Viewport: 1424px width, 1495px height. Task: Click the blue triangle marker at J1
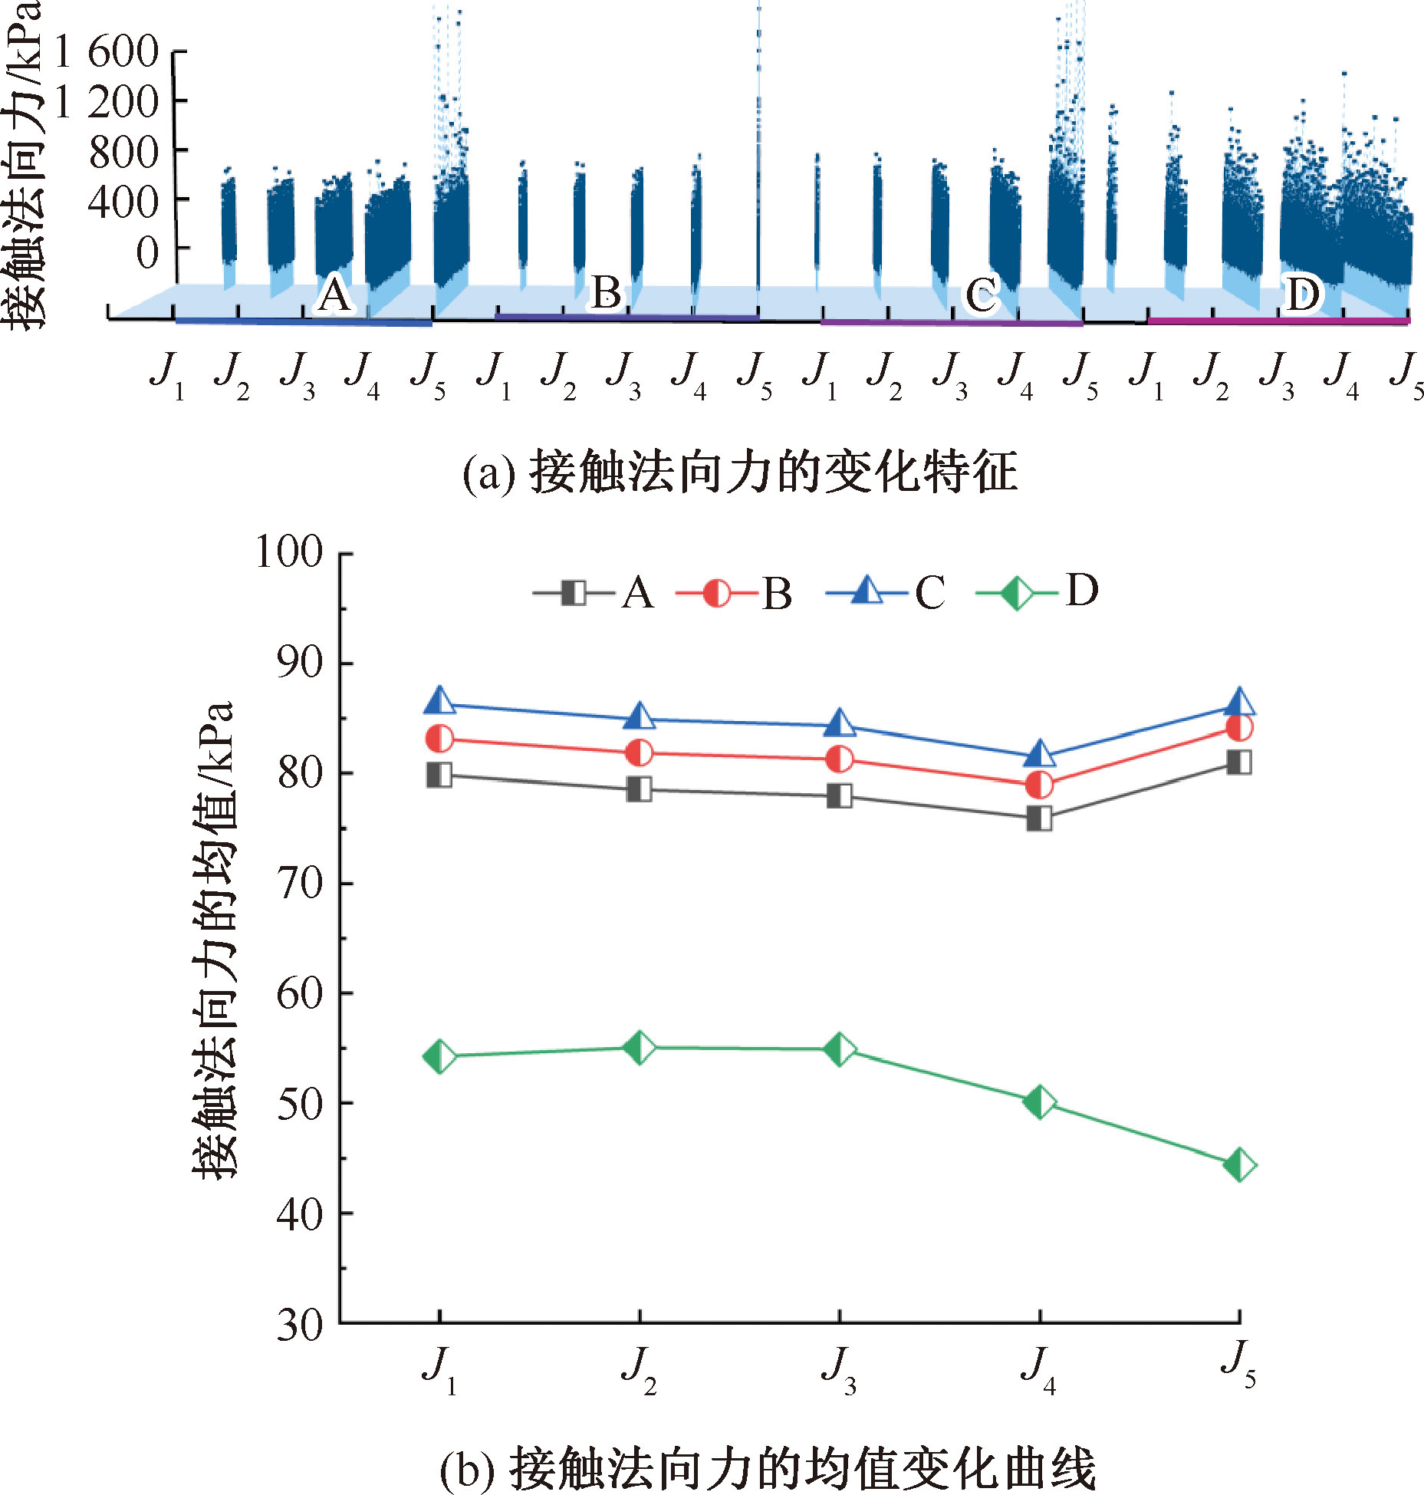[439, 700]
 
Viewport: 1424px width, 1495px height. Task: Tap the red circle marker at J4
[1039, 785]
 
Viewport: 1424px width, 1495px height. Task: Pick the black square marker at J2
[640, 789]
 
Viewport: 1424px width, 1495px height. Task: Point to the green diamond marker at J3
[839, 1049]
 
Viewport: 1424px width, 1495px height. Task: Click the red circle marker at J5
[1240, 727]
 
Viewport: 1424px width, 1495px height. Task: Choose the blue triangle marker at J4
[1039, 754]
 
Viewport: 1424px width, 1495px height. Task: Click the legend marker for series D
[1016, 593]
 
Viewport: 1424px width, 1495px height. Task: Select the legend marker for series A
[573, 593]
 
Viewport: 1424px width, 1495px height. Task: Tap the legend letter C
[929, 593]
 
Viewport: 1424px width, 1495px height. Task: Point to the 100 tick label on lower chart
[289, 552]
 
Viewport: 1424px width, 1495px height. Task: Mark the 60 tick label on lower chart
[300, 993]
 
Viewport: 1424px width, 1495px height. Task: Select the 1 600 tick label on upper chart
[107, 52]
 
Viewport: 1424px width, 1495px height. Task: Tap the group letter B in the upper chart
[606, 292]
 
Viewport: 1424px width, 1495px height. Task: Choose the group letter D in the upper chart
[1302, 294]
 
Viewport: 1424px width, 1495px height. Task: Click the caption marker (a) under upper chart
[488, 473]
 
